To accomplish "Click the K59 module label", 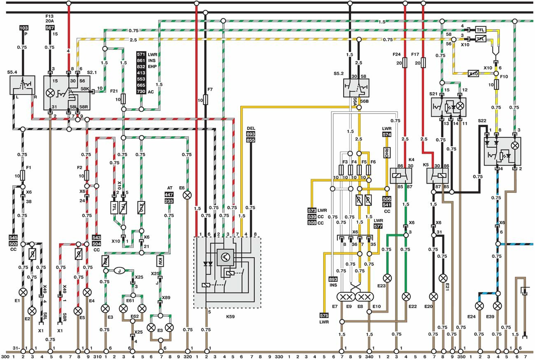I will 229,318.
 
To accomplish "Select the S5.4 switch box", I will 22,86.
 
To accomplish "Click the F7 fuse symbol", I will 206,99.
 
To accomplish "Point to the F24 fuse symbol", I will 405,63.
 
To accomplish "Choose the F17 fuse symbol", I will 423,63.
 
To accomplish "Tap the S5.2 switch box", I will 356,88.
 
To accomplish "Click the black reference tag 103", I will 23,28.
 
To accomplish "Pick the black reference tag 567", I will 50,28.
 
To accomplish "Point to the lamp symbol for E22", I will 406,296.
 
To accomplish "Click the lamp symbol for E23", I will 387,277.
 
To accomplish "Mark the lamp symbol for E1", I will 23,292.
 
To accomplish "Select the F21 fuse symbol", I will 123,99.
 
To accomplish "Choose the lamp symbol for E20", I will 433,296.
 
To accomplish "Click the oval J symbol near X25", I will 119,271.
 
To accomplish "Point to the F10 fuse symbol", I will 496,85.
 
